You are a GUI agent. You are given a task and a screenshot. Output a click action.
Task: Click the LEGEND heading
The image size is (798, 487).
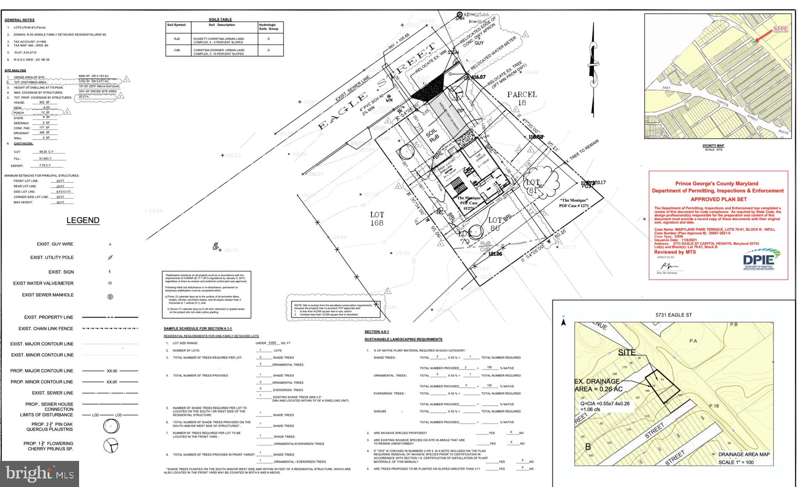(83, 221)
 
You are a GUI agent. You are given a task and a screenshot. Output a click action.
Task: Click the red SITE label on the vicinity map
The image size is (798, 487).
(780, 29)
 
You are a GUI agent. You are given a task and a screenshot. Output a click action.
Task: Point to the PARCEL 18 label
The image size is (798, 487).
(522, 98)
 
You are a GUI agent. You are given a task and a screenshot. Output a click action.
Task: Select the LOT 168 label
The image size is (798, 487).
(377, 219)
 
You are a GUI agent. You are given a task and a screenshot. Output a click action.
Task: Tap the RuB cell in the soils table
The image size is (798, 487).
(177, 39)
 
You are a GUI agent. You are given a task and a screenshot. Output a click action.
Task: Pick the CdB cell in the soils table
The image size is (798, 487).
(177, 50)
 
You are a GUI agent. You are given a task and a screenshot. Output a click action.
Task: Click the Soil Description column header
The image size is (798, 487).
(222, 25)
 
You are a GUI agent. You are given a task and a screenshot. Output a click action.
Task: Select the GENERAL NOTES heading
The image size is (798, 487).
(19, 20)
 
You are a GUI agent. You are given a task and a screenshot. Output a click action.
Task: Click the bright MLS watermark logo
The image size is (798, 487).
(40, 474)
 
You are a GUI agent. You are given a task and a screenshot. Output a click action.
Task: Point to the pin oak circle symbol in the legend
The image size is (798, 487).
(111, 427)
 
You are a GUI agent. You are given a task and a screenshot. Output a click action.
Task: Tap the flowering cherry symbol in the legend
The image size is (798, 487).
(111, 445)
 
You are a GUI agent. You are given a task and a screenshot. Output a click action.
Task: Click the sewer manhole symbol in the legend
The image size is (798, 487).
(110, 297)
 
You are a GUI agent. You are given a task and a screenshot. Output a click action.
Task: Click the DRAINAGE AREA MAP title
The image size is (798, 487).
(743, 454)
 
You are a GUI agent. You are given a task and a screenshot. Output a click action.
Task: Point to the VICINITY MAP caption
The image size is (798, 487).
(713, 146)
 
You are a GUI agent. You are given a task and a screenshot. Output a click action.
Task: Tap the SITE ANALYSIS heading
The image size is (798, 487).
(15, 71)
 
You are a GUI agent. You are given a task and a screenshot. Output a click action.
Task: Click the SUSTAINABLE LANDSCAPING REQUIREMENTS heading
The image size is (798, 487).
(403, 339)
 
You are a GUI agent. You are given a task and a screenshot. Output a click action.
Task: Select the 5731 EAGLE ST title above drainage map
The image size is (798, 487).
(673, 315)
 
